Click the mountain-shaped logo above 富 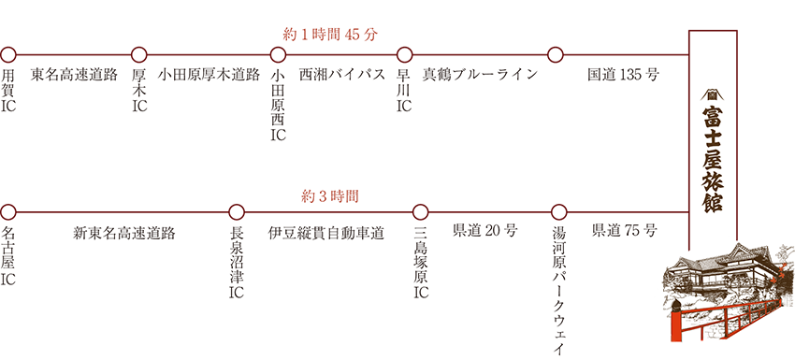coord(713,95)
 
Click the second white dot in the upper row coord(140,54)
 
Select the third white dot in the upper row coord(279,54)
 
